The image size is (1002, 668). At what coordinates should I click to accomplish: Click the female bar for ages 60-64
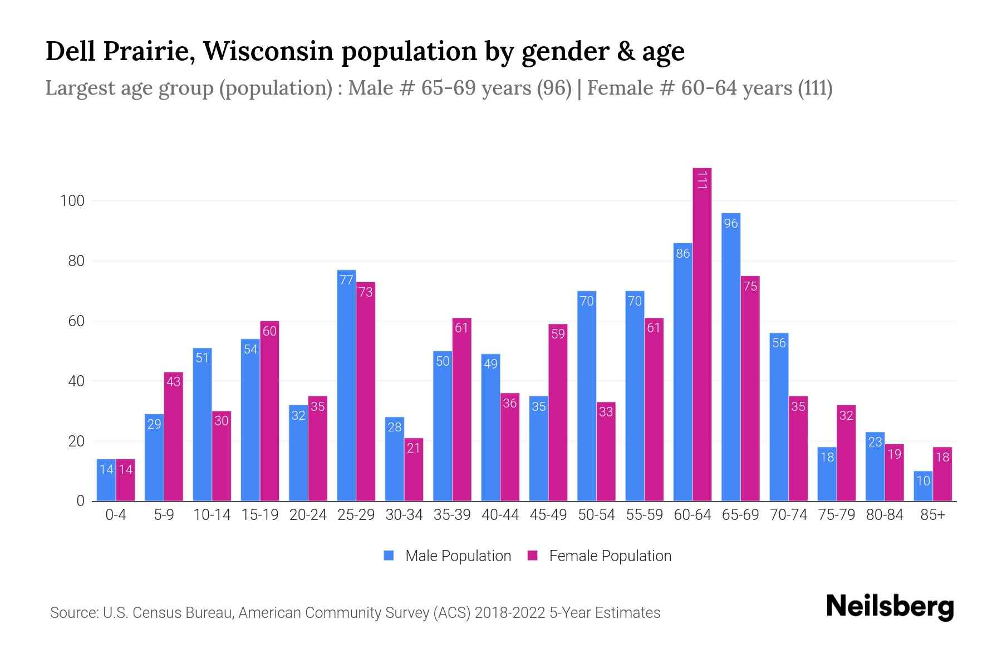pyautogui.click(x=702, y=334)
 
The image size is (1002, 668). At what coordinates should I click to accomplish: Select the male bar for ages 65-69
pyautogui.click(x=731, y=356)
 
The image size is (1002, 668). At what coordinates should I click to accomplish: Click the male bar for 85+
pyautogui.click(x=923, y=486)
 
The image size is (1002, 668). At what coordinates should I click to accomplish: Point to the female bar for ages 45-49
pyautogui.click(x=558, y=412)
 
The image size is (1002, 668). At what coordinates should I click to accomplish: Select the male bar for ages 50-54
pyautogui.click(x=587, y=395)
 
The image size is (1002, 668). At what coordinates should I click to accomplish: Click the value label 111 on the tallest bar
pyautogui.click(x=702, y=180)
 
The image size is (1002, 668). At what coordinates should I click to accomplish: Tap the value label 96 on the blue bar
pyautogui.click(x=731, y=224)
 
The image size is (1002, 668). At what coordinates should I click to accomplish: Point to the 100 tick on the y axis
pyautogui.click(x=72, y=201)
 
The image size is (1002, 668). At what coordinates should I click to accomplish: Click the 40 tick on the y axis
pyautogui.click(x=76, y=381)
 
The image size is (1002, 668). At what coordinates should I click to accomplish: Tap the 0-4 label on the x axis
pyautogui.click(x=116, y=515)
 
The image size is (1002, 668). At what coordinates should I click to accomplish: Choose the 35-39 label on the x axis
pyautogui.click(x=452, y=515)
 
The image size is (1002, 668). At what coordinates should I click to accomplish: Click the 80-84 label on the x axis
pyautogui.click(x=885, y=515)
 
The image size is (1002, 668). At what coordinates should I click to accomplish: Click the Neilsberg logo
pyautogui.click(x=890, y=607)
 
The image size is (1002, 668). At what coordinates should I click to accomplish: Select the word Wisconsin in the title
pyautogui.click(x=267, y=51)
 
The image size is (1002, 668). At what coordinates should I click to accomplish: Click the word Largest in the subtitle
pyautogui.click(x=81, y=88)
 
